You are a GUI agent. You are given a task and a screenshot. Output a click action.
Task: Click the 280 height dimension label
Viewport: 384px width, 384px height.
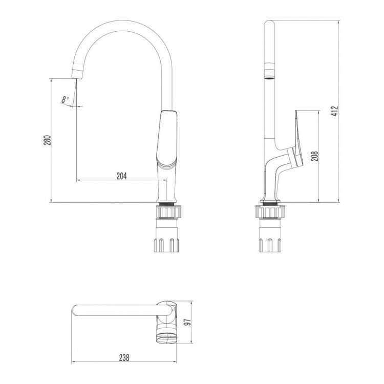(x=47, y=141)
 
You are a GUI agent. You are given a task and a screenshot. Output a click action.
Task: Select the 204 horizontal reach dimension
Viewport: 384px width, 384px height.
(x=121, y=176)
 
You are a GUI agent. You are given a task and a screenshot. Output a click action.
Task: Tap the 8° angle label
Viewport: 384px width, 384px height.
(x=65, y=99)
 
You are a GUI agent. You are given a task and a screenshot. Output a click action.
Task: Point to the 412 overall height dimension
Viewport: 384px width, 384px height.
(x=335, y=112)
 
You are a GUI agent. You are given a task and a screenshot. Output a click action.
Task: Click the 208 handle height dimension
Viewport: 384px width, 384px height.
(x=314, y=156)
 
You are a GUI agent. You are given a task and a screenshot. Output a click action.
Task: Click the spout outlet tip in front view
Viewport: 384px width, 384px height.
(x=76, y=75)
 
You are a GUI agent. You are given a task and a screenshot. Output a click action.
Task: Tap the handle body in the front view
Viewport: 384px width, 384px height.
(x=168, y=138)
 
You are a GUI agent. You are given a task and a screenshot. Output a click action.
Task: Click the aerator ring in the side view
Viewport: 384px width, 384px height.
(x=269, y=72)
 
